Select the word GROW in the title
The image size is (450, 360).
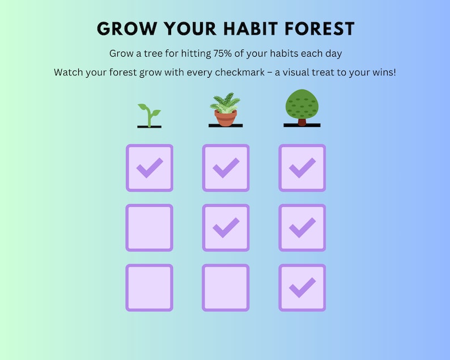click(x=122, y=29)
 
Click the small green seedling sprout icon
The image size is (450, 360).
click(x=149, y=113)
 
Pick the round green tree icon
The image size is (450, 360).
click(x=302, y=105)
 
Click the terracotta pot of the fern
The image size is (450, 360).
click(x=225, y=118)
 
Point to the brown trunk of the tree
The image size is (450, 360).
click(x=302, y=121)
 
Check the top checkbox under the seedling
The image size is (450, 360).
click(x=149, y=168)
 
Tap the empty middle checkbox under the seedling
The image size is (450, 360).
click(x=149, y=227)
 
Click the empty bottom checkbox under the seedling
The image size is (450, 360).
click(x=149, y=287)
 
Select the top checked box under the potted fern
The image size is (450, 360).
click(x=226, y=168)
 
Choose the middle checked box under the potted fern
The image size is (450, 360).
click(x=226, y=227)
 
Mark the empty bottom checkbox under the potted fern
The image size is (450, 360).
click(x=226, y=287)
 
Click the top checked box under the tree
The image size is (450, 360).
click(x=302, y=168)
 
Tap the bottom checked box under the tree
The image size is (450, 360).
click(x=302, y=287)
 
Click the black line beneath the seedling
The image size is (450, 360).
click(x=149, y=126)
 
